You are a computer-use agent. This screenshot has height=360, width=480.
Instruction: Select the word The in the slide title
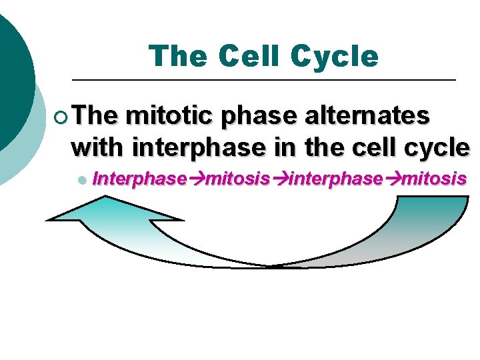(179, 57)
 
